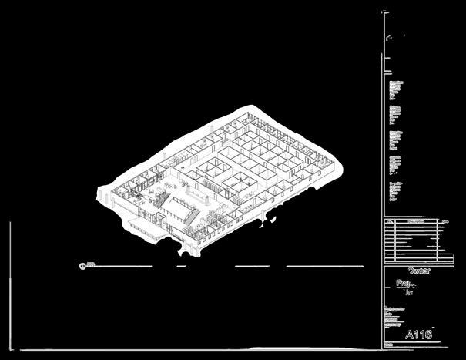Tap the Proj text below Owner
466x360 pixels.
[x=403, y=283]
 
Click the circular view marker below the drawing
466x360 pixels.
[x=82, y=265]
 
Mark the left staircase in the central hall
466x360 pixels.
[x=163, y=200]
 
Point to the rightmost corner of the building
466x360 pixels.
[x=338, y=163]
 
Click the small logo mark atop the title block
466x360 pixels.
[x=396, y=35]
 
